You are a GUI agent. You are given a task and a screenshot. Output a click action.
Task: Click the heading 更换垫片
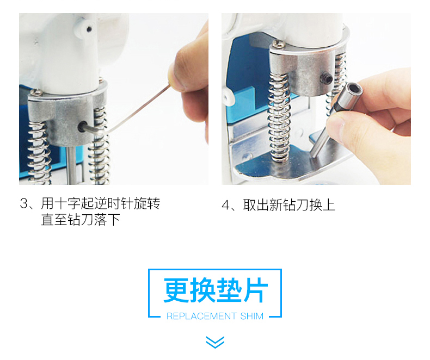(x=216, y=290)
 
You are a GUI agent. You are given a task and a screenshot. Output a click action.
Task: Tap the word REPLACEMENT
(x=201, y=316)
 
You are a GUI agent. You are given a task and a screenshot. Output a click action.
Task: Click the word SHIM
(x=252, y=316)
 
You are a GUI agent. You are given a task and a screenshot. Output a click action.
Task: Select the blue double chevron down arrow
(x=215, y=342)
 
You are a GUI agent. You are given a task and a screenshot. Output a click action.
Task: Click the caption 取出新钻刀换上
(x=289, y=205)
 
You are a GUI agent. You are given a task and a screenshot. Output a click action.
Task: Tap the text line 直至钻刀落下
(x=81, y=220)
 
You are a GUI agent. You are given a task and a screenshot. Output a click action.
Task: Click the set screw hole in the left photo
(x=82, y=127)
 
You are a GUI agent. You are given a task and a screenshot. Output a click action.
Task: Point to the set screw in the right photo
(x=326, y=79)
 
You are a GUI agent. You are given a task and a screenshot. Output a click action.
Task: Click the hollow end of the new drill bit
(x=354, y=90)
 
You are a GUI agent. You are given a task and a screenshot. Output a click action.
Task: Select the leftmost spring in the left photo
(x=39, y=153)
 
